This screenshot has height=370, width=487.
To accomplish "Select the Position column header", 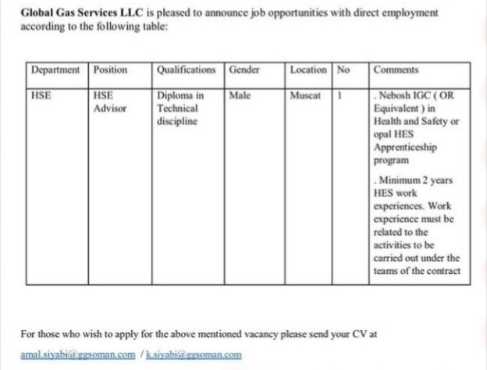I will [110, 69].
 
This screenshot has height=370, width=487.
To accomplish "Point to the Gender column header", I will [244, 69].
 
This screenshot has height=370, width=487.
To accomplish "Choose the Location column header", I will [308, 69].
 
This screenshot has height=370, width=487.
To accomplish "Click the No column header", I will [343, 69].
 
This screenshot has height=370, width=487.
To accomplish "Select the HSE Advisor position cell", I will [108, 102].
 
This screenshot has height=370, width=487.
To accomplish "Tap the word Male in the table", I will [240, 96].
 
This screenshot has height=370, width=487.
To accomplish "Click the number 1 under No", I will [341, 96].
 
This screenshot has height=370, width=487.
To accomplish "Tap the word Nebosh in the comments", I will [397, 97].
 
